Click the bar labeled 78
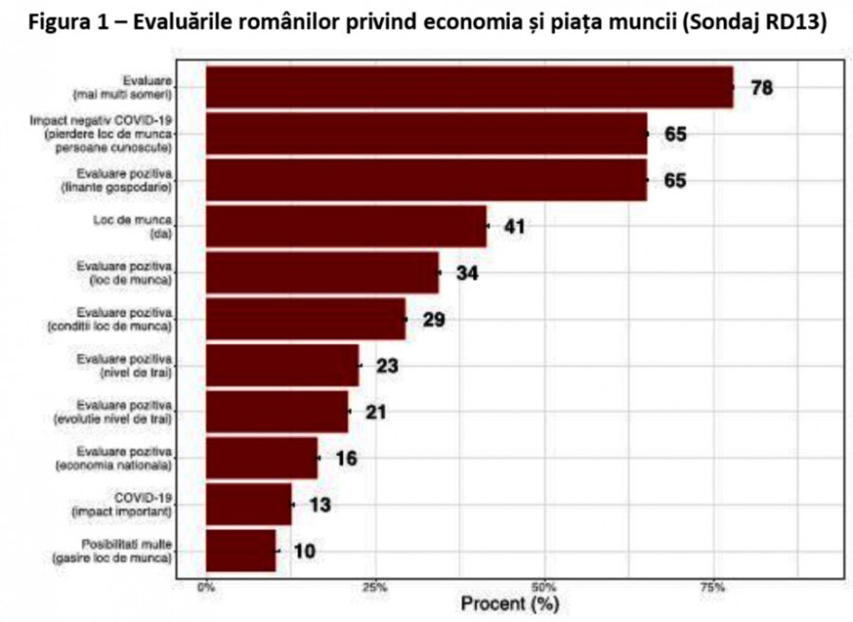click(x=470, y=88)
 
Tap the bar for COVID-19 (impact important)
click(x=249, y=504)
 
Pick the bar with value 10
click(x=240, y=550)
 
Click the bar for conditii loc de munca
click(x=305, y=320)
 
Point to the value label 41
click(x=513, y=228)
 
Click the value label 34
click(x=467, y=274)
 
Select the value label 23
click(x=388, y=366)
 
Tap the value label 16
click(x=344, y=458)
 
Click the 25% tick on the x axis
click(x=375, y=587)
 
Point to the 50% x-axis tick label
click(x=545, y=587)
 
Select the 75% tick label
click(x=713, y=587)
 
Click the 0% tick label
click(x=206, y=587)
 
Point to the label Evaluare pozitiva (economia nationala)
click(x=126, y=458)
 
